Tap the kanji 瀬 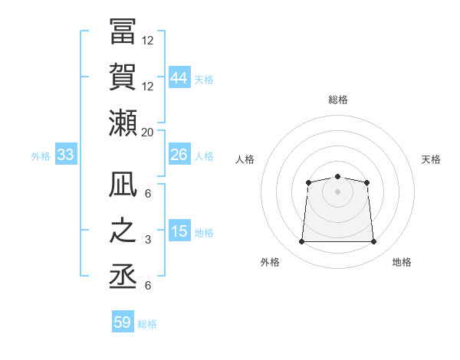coord(123,122)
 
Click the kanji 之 coord(123,230)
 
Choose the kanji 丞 coord(123,275)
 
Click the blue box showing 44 coord(179,77)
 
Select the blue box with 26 coord(179,155)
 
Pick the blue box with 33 coord(66,155)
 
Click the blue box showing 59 coord(123,322)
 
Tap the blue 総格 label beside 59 coord(147,324)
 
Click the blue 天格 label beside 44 coord(204,79)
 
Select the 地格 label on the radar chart coord(402,263)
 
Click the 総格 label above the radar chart coord(338,100)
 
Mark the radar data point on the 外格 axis coord(301,242)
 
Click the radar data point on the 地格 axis coord(374,242)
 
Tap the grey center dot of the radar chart coord(337,191)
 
